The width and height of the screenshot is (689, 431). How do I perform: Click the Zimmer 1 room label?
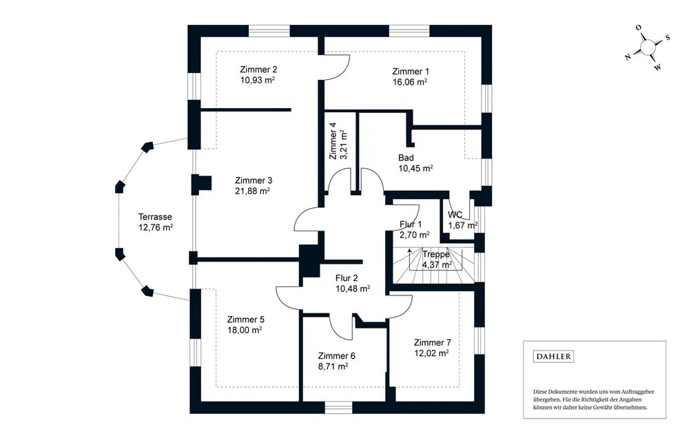(x=411, y=71)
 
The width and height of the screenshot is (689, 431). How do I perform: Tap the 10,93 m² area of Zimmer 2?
(x=258, y=80)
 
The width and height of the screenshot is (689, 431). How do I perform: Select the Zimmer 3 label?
(x=254, y=180)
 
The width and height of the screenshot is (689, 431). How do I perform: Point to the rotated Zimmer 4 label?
(x=333, y=140)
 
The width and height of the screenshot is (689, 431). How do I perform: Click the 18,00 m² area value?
(x=245, y=330)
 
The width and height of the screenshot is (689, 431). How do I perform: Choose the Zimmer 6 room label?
(x=337, y=356)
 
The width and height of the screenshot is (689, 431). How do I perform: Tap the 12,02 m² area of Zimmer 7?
(x=431, y=353)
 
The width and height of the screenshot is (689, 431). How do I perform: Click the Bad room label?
(x=406, y=158)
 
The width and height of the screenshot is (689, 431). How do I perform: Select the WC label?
(x=455, y=215)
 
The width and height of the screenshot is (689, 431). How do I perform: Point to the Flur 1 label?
(x=411, y=224)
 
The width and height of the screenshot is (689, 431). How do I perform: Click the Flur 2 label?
(x=347, y=278)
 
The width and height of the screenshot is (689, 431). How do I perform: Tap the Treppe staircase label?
(x=436, y=254)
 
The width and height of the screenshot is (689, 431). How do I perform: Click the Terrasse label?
(x=155, y=217)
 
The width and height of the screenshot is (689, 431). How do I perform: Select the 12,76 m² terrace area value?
(x=156, y=227)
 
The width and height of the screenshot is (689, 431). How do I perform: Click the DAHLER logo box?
(x=554, y=357)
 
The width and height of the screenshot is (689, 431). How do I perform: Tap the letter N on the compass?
(x=628, y=57)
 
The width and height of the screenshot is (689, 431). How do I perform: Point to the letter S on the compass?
(x=668, y=38)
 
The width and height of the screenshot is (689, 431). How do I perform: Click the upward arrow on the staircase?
(x=409, y=258)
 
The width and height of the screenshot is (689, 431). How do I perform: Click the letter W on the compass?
(x=657, y=67)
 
